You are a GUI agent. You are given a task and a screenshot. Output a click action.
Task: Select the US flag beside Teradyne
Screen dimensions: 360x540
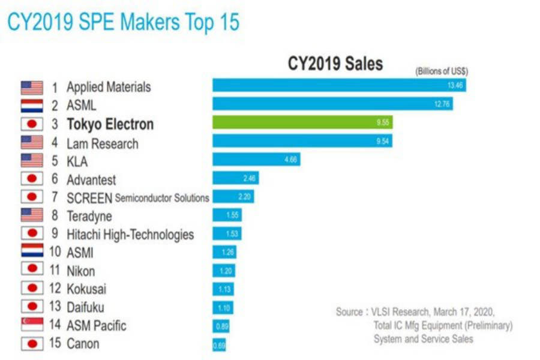(32, 215)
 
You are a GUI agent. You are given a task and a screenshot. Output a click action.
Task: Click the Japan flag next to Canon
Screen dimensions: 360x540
(32, 344)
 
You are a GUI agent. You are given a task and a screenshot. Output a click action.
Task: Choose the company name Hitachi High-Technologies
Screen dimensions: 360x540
(130, 234)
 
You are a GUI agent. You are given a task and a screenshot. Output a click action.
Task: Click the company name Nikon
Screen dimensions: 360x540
(80, 271)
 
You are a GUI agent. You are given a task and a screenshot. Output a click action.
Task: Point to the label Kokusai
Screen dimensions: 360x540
(86, 289)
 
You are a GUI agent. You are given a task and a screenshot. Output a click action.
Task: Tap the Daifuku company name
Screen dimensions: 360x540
(86, 307)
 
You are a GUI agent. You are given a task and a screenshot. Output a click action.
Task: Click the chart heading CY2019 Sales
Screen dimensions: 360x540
(335, 64)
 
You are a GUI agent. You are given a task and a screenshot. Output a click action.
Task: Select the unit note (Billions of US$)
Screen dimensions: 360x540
(442, 71)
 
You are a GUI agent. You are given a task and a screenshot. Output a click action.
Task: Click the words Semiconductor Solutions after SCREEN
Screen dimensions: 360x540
(162, 197)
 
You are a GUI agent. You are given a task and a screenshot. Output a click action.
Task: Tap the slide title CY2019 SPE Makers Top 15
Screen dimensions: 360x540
(123, 22)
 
